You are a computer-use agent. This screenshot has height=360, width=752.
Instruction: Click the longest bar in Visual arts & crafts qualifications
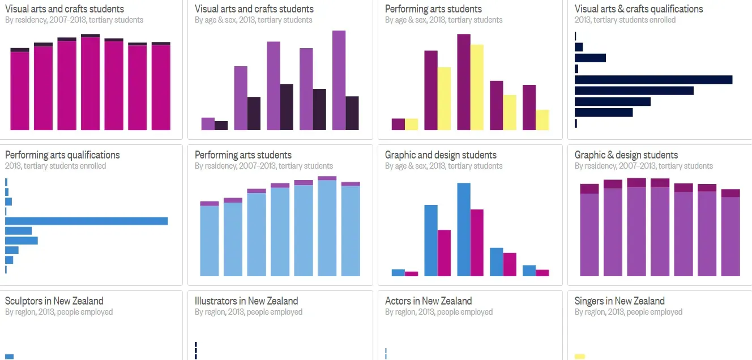653,80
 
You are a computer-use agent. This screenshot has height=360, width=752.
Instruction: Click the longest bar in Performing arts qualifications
86,221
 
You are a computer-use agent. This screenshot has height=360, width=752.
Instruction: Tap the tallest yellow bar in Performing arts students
477,87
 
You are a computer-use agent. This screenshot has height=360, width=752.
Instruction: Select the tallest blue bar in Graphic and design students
464,229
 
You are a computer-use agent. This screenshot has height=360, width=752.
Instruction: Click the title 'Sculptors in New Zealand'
54,301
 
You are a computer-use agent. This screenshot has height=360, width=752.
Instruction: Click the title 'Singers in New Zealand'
619,301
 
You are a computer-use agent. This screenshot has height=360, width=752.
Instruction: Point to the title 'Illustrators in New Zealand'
246,301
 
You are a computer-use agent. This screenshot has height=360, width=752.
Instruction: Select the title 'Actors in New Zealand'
428,301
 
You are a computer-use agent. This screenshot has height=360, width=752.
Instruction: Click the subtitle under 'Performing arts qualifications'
55,166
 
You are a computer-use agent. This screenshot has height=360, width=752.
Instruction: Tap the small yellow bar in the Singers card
579,357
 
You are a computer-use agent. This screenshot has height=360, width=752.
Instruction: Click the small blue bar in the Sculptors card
9,357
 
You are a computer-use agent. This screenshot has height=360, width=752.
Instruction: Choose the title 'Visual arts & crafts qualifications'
639,9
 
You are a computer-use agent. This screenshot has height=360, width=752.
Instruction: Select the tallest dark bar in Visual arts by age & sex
287,107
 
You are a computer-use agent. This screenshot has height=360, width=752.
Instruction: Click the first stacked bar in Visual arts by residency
20,89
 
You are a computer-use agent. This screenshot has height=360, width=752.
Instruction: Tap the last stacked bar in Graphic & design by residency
730,233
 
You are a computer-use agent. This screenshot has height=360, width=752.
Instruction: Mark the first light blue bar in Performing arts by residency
210,241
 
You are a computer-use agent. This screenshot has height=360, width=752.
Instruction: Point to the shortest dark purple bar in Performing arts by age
398,124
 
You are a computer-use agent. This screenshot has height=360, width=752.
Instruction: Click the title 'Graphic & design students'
626,155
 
